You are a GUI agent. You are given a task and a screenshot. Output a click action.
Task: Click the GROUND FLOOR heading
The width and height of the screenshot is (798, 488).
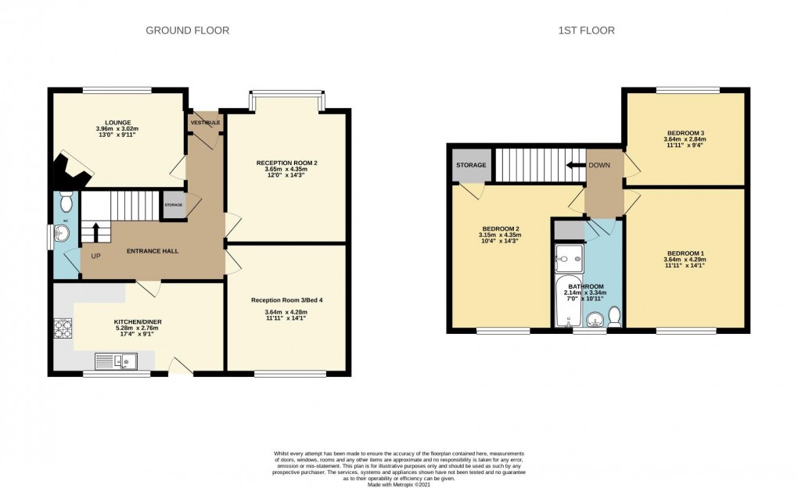187,30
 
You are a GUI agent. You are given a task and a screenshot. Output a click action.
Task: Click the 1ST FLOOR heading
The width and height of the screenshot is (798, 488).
588,30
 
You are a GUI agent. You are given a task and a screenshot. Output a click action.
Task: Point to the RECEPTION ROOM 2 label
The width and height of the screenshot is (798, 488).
286,163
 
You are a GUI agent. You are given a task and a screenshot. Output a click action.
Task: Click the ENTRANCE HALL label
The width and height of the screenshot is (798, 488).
153,251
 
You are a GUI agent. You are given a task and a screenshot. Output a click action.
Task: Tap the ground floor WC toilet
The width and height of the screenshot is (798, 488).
66,203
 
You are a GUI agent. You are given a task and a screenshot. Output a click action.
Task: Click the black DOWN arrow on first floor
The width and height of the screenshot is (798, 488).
577,165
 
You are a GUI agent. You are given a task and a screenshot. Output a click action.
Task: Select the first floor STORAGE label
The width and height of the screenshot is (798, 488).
471,165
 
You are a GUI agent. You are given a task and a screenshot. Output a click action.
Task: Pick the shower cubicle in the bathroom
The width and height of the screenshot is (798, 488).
566,256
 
